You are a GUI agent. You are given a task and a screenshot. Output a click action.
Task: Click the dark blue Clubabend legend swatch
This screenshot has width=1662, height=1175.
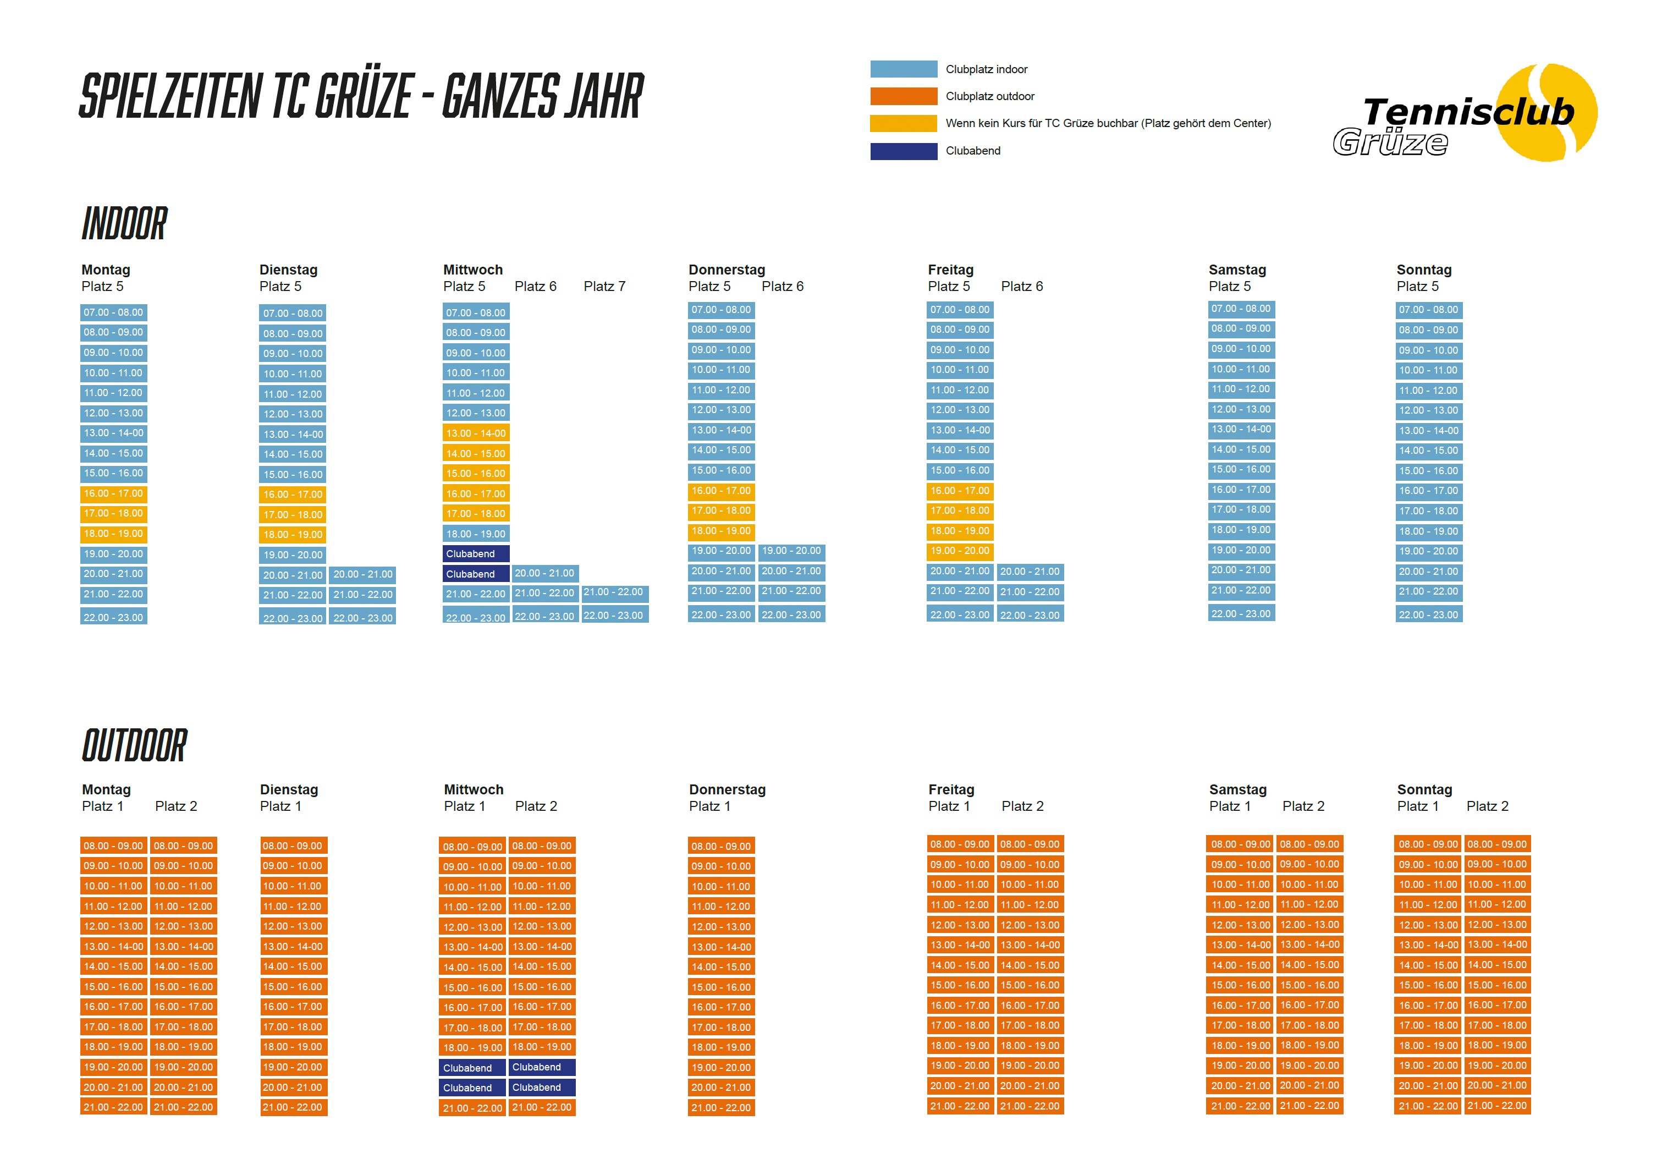coord(904,151)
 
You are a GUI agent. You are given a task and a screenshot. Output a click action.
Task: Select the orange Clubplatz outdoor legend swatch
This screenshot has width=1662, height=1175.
coord(904,96)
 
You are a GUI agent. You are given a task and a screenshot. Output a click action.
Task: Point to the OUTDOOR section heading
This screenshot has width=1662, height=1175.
coord(135,746)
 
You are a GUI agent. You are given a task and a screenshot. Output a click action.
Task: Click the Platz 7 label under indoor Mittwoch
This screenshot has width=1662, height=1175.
coord(604,287)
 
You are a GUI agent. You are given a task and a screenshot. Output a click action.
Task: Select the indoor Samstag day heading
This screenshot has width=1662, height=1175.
coord(1237,270)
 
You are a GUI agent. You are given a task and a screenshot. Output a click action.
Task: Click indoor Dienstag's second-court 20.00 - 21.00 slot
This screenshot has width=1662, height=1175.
coord(362,574)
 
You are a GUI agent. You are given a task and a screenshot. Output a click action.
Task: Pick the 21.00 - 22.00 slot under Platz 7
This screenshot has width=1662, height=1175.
coord(614,592)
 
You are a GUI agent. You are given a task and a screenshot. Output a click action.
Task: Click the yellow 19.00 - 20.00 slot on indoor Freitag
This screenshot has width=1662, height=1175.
coord(960,551)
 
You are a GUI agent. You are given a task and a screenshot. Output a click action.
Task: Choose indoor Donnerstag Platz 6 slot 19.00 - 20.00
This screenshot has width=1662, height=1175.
coord(791,551)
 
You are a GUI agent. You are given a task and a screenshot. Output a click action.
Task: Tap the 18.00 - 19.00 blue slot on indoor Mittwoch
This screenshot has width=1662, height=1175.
coord(476,534)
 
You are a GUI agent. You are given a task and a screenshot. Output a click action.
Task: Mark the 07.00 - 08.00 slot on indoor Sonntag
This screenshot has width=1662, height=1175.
coord(1428,310)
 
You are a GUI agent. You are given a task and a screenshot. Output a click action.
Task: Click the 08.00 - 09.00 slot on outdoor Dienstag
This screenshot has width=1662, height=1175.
coord(293,845)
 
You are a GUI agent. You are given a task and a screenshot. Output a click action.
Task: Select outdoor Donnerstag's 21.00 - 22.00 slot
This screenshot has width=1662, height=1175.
coord(721,1108)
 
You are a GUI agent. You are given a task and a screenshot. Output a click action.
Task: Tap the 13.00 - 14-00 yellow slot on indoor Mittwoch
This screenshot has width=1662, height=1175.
coord(476,433)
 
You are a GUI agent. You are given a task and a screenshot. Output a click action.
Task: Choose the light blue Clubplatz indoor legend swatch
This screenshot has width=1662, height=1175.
coord(904,69)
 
